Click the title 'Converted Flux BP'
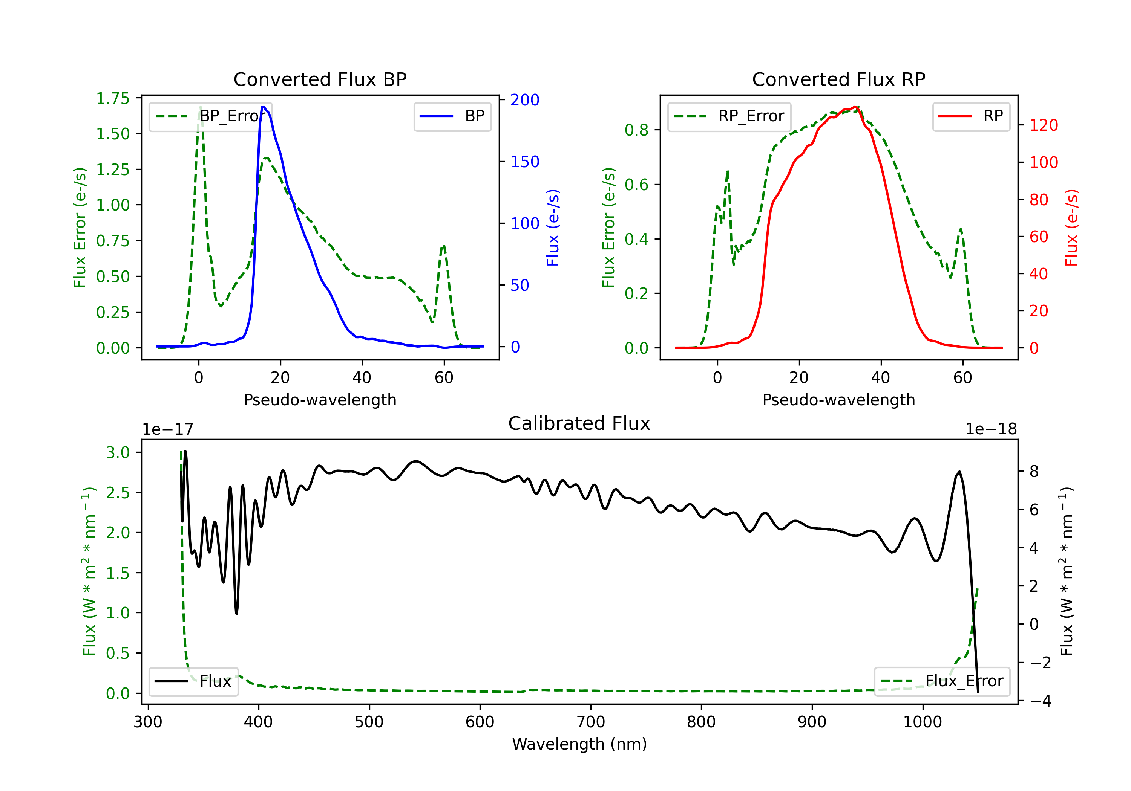click(320, 79)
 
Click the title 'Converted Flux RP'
click(839, 79)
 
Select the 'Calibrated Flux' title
click(579, 423)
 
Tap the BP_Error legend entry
click(211, 116)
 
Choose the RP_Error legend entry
click(729, 116)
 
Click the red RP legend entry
click(970, 116)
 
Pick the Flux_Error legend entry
click(942, 681)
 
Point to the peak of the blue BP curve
click(264, 107)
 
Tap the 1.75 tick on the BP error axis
click(113, 98)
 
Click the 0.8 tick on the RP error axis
click(636, 130)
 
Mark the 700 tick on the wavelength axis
click(591, 722)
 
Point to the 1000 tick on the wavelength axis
click(923, 722)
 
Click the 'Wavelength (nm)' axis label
click(579, 744)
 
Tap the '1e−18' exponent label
click(991, 429)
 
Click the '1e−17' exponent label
click(168, 429)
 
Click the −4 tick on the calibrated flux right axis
click(1041, 701)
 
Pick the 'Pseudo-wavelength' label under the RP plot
click(839, 400)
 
